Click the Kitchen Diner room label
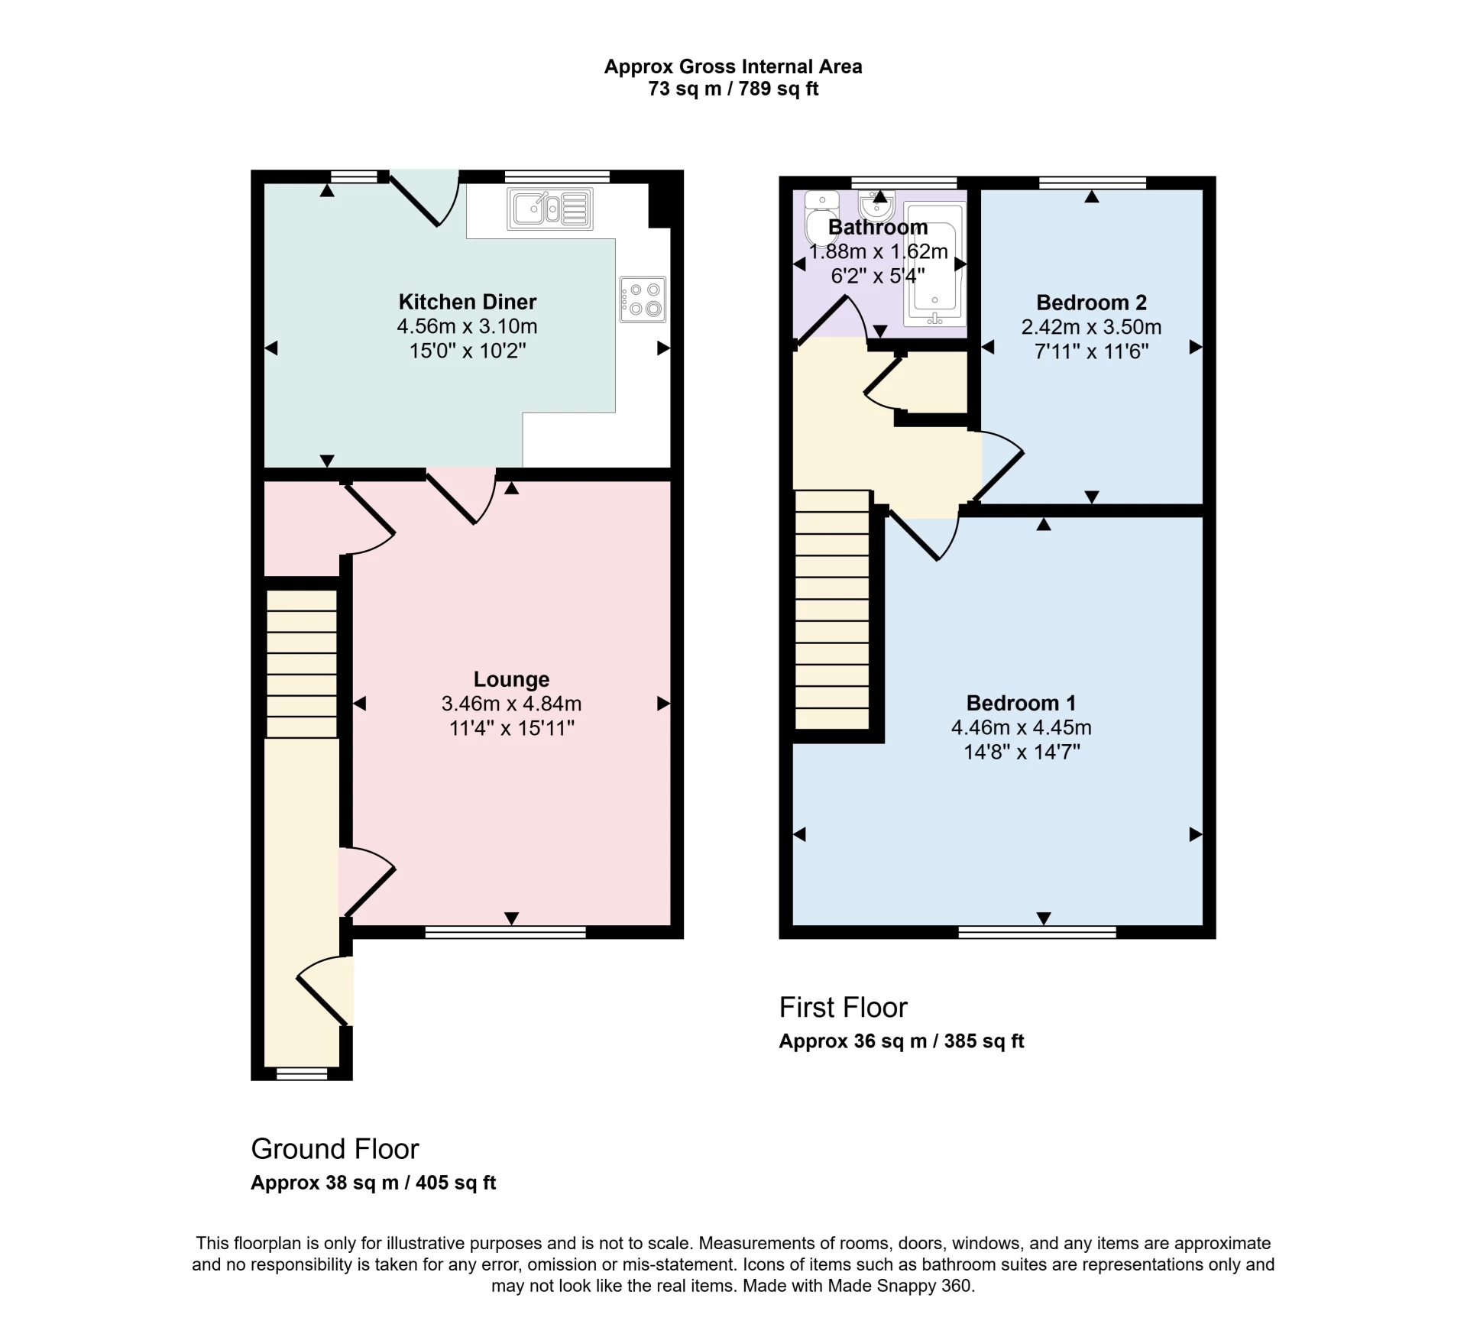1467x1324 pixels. pyautogui.click(x=467, y=302)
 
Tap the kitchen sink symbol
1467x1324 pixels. pyautogui.click(x=549, y=208)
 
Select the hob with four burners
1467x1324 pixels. pyautogui.click(x=643, y=299)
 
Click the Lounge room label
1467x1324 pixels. pyautogui.click(x=511, y=679)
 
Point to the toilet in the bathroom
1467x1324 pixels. pyautogui.click(x=821, y=217)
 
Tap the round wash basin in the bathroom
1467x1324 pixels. pyautogui.click(x=876, y=205)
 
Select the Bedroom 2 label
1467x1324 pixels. pyautogui.click(x=1091, y=303)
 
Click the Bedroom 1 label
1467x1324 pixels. pyautogui.click(x=1021, y=703)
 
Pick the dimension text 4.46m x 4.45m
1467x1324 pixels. pyautogui.click(x=1021, y=727)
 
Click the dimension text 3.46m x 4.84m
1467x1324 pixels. pyautogui.click(x=511, y=704)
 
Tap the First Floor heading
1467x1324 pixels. pyautogui.click(x=843, y=1008)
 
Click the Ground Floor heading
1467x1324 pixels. pyautogui.click(x=335, y=1149)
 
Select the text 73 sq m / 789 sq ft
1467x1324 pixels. pyautogui.click(x=733, y=89)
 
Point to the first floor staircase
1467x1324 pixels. pyautogui.click(x=832, y=610)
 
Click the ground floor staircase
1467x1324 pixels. pyautogui.click(x=301, y=663)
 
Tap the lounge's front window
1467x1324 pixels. pyautogui.click(x=505, y=931)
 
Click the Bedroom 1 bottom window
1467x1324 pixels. pyautogui.click(x=1037, y=931)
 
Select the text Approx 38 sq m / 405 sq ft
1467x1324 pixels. pyautogui.click(x=373, y=1183)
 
